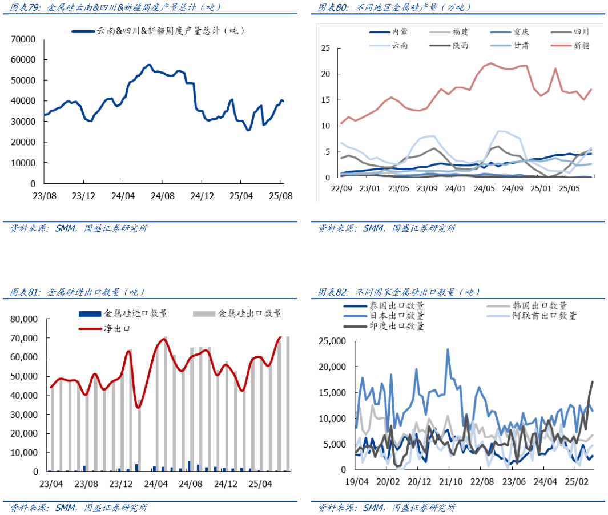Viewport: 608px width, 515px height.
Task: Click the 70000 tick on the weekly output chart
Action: pos(23,39)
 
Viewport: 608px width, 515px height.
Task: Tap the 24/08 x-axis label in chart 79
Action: pos(163,196)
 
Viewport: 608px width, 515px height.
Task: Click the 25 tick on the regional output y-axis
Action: pos(326,48)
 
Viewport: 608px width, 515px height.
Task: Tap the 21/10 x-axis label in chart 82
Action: pos(449,482)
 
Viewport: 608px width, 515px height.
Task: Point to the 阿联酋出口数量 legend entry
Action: pos(545,316)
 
